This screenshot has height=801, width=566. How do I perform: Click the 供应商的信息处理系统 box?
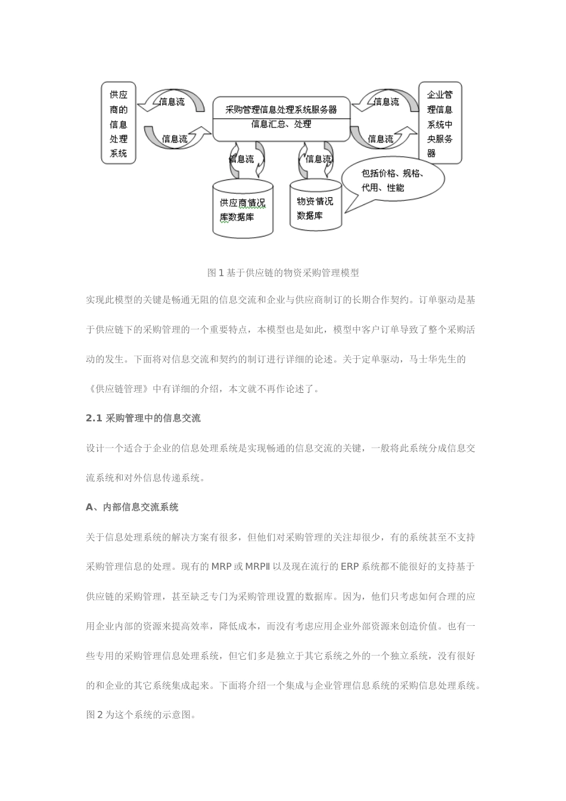[x=119, y=123]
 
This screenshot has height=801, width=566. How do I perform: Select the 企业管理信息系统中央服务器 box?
[x=440, y=123]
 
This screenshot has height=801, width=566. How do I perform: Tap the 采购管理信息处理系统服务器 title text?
[x=281, y=109]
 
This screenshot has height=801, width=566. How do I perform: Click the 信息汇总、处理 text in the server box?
[x=281, y=125]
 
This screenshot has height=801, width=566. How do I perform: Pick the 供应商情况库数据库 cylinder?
[x=242, y=210]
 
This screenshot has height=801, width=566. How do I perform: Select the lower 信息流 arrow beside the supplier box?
[x=175, y=139]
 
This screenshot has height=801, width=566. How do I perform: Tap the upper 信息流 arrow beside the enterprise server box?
[x=385, y=102]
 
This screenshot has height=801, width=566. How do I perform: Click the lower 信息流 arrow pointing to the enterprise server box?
[x=381, y=139]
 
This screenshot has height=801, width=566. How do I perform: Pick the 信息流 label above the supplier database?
[x=242, y=159]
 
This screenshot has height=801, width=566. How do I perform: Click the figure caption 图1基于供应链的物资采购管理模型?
[x=283, y=273]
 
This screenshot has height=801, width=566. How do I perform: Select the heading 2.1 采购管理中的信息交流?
[x=143, y=418]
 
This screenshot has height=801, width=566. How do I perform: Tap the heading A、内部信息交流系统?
[x=132, y=507]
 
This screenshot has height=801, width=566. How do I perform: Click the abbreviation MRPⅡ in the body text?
[x=258, y=566]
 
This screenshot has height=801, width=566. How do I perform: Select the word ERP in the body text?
[x=350, y=566]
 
